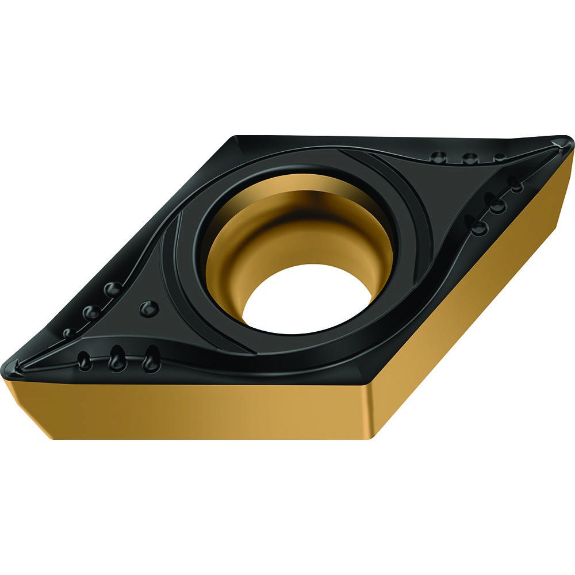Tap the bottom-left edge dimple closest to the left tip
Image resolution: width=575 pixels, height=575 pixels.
pos(84,361)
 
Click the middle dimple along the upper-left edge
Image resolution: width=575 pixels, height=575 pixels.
pos(91,312)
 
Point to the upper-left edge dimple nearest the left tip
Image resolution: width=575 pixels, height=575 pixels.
pos(69,332)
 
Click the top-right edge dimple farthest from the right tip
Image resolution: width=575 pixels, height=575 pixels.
pos(438,156)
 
